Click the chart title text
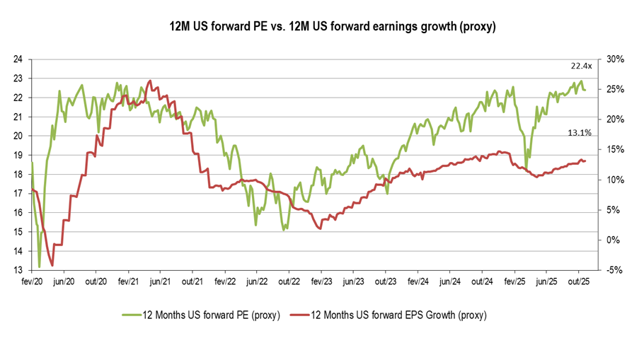click(322, 28)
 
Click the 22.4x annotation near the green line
click(582, 66)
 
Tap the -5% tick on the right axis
click(614, 270)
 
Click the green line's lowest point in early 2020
click(39, 267)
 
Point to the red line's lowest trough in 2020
click(52, 265)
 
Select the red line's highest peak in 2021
click(149, 81)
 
